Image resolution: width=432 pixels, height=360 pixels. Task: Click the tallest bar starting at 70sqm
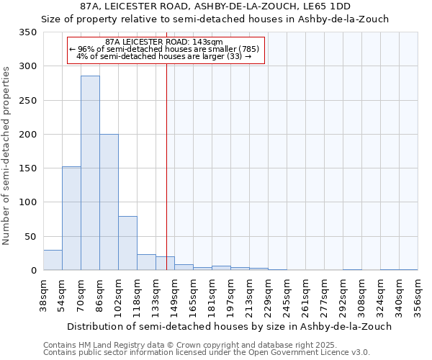90,173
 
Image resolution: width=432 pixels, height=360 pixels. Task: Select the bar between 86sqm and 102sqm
109,202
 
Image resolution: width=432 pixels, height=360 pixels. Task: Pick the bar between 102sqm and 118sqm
127,243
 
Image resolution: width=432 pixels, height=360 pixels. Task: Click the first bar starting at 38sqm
53,260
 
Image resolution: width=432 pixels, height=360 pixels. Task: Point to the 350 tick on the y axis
28,32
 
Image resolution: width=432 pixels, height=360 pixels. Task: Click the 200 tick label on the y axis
28,135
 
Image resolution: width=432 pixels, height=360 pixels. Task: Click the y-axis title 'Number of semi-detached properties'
7,156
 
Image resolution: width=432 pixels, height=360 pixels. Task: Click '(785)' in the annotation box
249,49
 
